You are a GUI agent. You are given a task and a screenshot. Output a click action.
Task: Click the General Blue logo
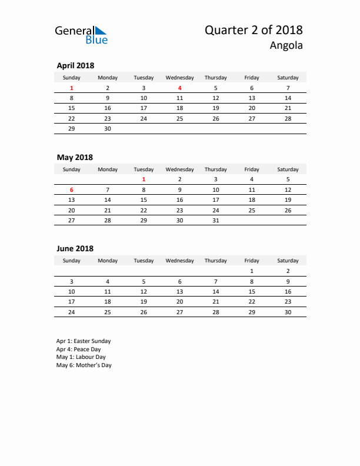click(x=81, y=35)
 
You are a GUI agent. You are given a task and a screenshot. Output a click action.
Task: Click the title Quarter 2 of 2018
click(x=254, y=30)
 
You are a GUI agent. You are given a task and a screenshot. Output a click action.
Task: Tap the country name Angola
click(x=286, y=45)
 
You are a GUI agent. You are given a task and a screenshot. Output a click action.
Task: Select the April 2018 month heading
click(x=75, y=66)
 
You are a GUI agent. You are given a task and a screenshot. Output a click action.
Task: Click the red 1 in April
click(x=72, y=88)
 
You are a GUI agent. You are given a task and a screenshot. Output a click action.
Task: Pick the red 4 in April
click(x=179, y=88)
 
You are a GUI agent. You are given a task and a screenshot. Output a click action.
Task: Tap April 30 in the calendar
click(x=107, y=128)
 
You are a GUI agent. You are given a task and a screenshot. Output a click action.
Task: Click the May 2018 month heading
click(x=75, y=157)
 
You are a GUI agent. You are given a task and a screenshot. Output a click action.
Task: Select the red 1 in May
click(x=144, y=179)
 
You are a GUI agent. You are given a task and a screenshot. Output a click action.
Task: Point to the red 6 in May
click(x=72, y=189)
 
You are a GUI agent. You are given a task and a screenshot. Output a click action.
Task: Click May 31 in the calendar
click(x=215, y=220)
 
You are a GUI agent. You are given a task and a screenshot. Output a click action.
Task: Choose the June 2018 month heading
click(x=75, y=249)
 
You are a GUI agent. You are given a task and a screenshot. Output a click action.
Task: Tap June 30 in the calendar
click(x=288, y=312)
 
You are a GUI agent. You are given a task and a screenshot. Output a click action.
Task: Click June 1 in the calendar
click(x=252, y=271)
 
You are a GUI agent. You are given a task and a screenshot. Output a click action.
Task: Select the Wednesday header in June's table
click(x=179, y=261)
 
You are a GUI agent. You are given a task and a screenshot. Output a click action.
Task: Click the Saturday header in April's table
click(x=288, y=78)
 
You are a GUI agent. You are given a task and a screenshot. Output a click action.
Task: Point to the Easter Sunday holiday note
click(x=84, y=341)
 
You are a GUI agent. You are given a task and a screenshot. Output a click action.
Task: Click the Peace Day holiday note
click(x=79, y=349)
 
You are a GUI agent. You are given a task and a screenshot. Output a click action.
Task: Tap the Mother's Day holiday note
click(x=84, y=365)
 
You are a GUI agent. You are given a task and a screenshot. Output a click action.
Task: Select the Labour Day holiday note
click(x=81, y=357)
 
